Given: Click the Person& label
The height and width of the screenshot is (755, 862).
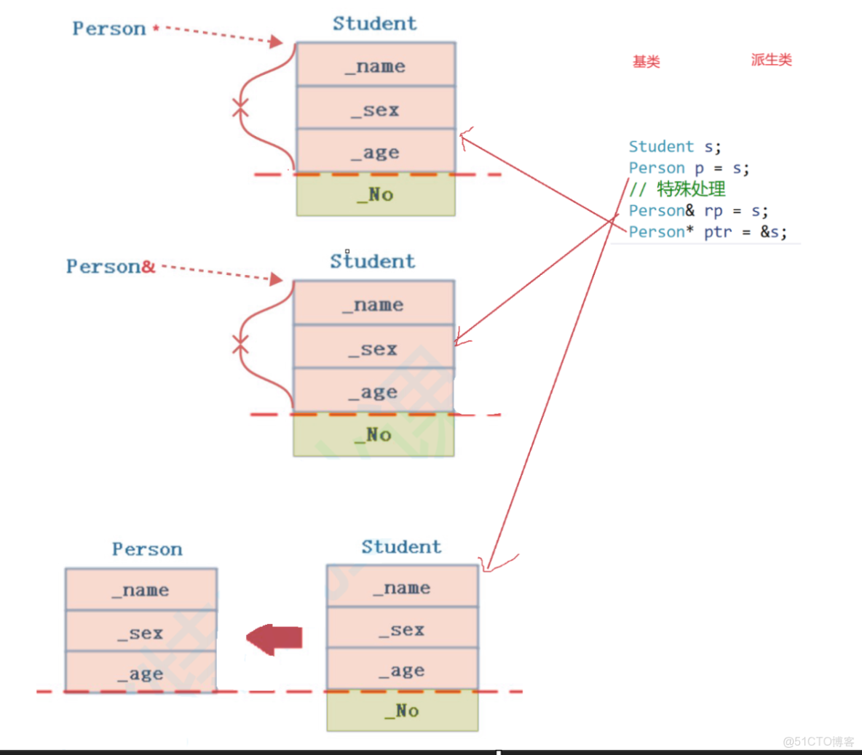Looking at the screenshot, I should pyautogui.click(x=111, y=267).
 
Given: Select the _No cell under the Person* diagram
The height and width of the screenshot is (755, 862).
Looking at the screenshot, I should pyautogui.click(x=376, y=195).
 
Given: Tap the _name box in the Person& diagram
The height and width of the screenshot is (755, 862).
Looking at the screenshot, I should pyautogui.click(x=373, y=304).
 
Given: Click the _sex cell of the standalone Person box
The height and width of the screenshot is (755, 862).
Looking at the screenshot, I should pyautogui.click(x=141, y=633).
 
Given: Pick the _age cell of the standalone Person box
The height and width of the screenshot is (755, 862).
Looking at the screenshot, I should pyautogui.click(x=141, y=674).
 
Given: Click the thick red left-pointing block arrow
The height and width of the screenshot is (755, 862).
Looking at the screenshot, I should pyautogui.click(x=274, y=638).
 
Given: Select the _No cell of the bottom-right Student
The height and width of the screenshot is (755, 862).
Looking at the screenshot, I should pyautogui.click(x=403, y=711).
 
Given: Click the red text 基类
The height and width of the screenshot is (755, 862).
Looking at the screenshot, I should pyautogui.click(x=646, y=62).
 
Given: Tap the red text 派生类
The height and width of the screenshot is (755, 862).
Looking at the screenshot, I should pyautogui.click(x=771, y=60).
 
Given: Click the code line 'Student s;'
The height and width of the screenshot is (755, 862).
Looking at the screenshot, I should pyautogui.click(x=674, y=147).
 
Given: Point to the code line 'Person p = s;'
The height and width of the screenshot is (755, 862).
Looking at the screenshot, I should pyautogui.click(x=688, y=168).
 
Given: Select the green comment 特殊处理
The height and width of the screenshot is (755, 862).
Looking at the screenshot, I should pyautogui.click(x=690, y=189).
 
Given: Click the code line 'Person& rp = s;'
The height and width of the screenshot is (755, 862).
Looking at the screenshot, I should pyautogui.click(x=697, y=211).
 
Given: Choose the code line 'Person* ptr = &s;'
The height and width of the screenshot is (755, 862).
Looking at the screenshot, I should pyautogui.click(x=707, y=232).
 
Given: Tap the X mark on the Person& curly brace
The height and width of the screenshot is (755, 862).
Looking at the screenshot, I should pyautogui.click(x=240, y=343).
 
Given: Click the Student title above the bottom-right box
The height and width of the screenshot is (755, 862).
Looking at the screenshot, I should pyautogui.click(x=401, y=547).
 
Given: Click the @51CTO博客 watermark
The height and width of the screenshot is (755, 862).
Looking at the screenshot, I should pyautogui.click(x=818, y=741).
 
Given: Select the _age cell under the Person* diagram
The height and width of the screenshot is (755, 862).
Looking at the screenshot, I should pyautogui.click(x=376, y=153).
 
